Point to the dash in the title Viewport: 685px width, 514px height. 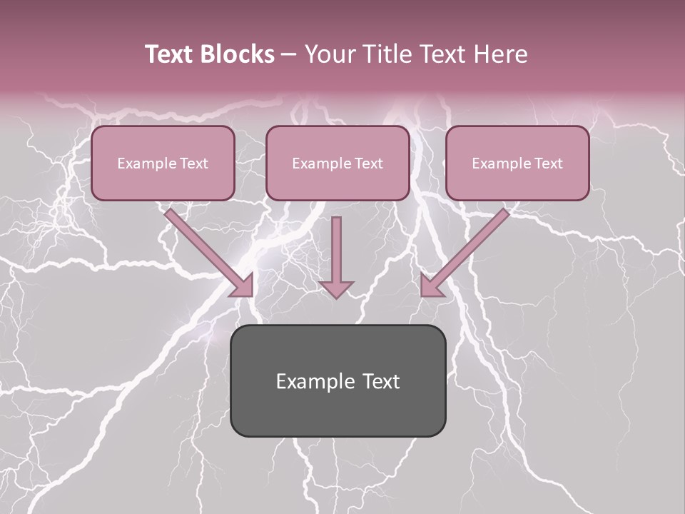pyautogui.click(x=289, y=55)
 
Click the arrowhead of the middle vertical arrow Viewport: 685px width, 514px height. pyautogui.click(x=336, y=288)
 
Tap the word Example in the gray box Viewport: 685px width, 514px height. pyautogui.click(x=310, y=381)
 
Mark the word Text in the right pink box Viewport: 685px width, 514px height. pyautogui.click(x=548, y=163)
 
